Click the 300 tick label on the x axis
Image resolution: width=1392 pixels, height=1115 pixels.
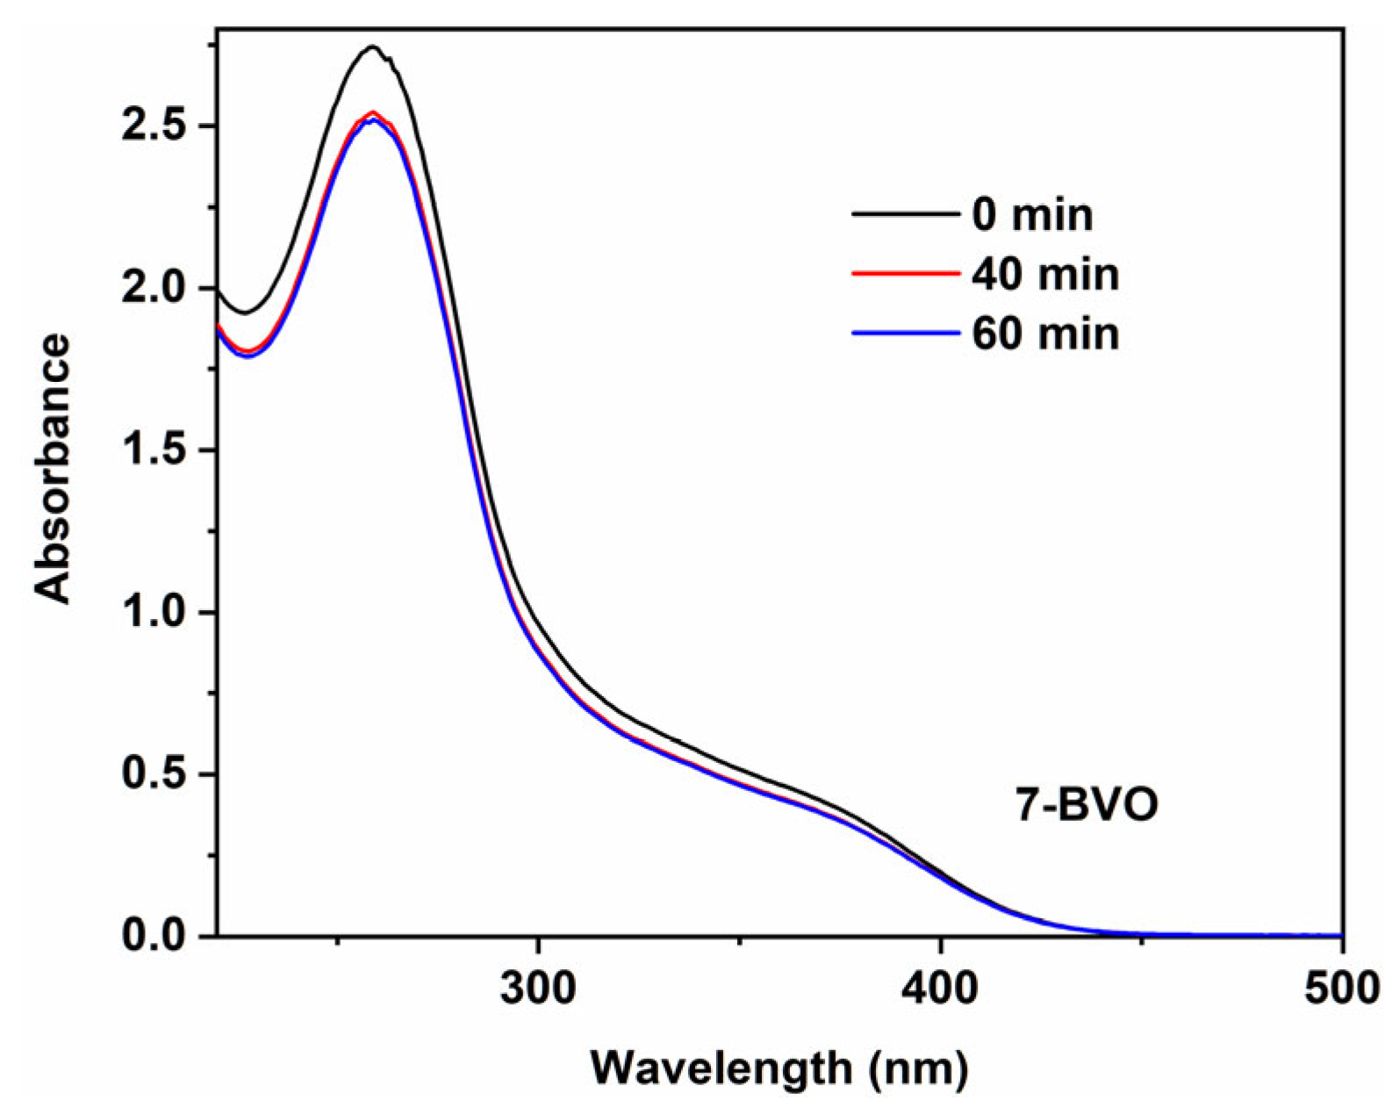(x=538, y=988)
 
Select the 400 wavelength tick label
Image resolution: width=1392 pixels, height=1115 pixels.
(x=941, y=988)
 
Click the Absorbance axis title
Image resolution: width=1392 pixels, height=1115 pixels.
(x=53, y=469)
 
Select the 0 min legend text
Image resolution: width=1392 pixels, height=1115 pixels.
(x=1032, y=215)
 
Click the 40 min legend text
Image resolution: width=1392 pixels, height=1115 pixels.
(x=1045, y=275)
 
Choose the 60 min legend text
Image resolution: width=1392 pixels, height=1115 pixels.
(x=1045, y=334)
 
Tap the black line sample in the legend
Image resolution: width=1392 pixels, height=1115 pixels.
(x=904, y=214)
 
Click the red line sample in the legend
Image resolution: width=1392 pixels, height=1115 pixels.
(x=904, y=274)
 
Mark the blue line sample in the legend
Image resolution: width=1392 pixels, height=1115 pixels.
(x=904, y=333)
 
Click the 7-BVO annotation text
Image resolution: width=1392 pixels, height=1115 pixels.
(x=1087, y=805)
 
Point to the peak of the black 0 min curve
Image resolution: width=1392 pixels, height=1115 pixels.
(x=373, y=47)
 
